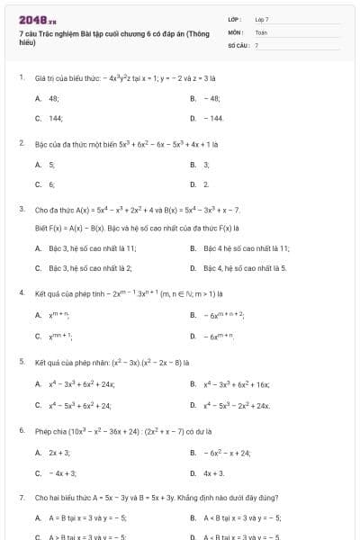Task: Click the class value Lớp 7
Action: tap(262, 19)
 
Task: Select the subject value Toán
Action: tap(261, 31)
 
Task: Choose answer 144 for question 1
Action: tap(55, 118)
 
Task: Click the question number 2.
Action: tap(21, 142)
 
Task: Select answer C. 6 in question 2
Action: tap(51, 184)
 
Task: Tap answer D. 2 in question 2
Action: tap(206, 184)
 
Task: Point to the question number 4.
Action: tap(21, 292)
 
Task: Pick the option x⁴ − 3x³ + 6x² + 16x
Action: tap(236, 383)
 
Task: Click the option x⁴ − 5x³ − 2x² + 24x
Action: tap(236, 405)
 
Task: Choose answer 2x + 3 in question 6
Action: tap(59, 452)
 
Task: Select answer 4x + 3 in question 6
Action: tap(213, 472)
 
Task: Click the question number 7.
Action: tap(21, 496)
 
